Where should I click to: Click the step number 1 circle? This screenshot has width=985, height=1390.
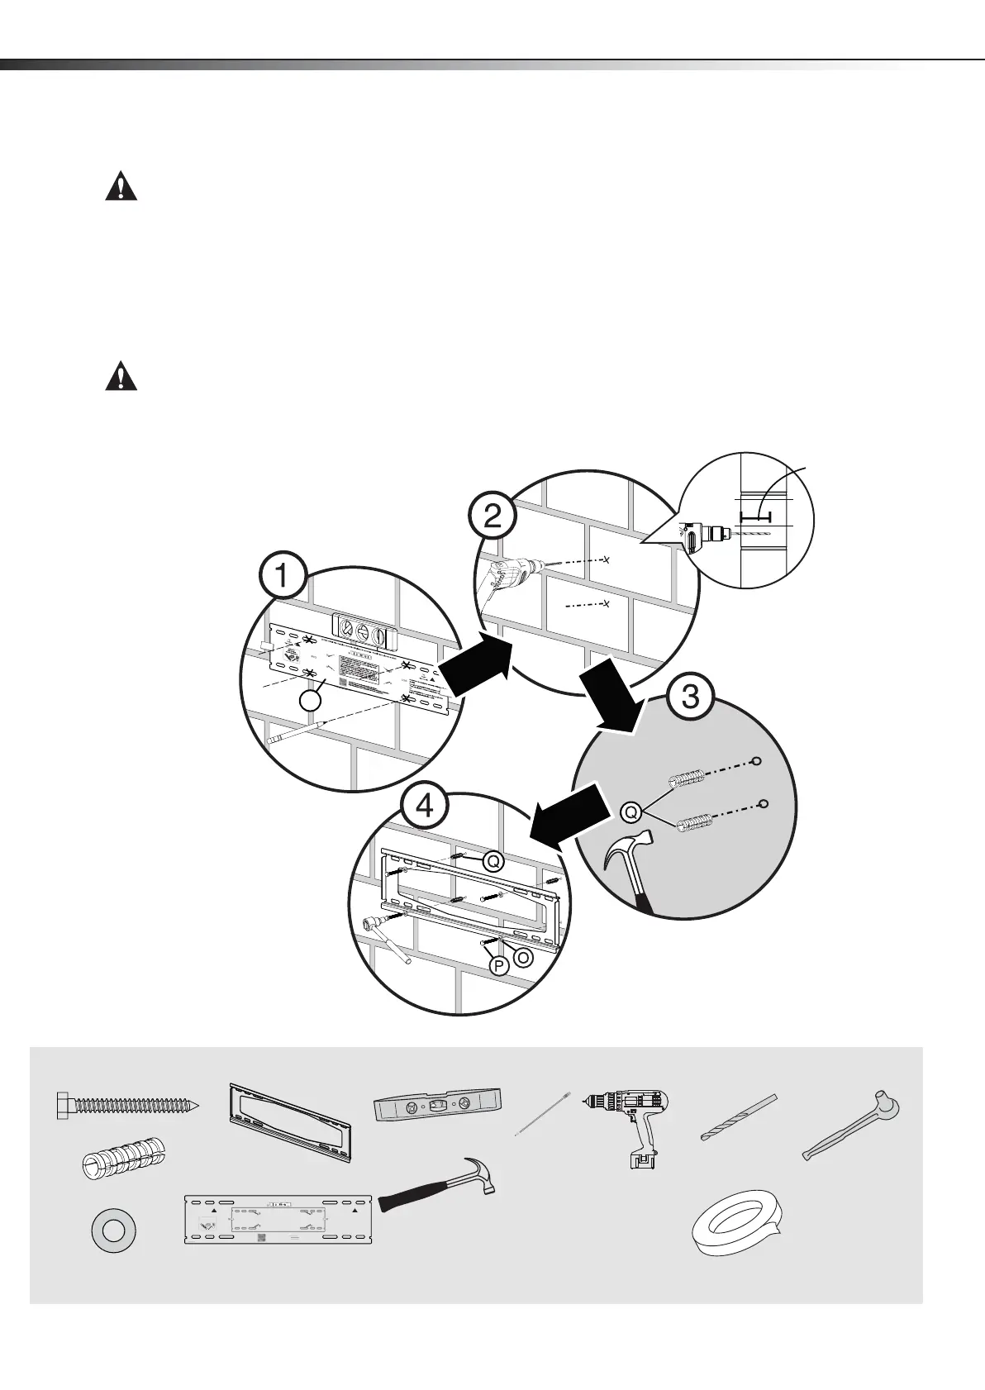pos(283,575)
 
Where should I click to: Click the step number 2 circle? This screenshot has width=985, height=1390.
pos(492,517)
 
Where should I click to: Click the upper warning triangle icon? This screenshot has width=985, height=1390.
pos(121,186)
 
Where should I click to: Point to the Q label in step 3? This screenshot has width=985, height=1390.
pos(630,812)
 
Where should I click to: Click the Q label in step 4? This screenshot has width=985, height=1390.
pos(493,862)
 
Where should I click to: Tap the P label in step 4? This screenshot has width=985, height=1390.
pos(498,966)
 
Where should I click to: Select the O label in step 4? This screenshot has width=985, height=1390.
pos(523,957)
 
